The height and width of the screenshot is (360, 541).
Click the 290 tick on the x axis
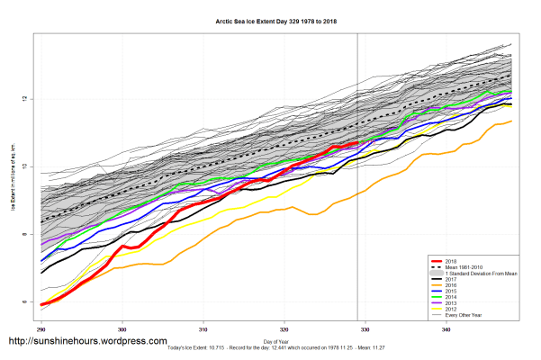(x=41, y=330)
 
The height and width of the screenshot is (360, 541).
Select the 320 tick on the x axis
(x=285, y=330)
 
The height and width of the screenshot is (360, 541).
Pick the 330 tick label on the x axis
(x=365, y=330)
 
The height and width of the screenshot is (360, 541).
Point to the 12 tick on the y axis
(x=27, y=97)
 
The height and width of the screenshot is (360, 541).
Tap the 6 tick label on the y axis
(x=27, y=302)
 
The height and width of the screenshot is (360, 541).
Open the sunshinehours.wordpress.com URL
(x=87, y=342)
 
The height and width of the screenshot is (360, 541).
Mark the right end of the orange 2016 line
(x=511, y=121)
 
